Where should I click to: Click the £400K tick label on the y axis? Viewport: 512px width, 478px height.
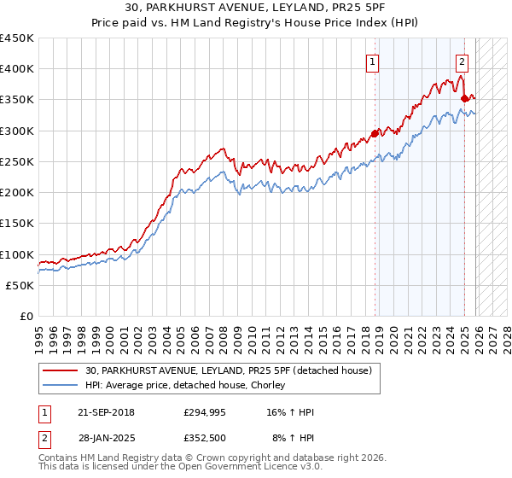(17, 69)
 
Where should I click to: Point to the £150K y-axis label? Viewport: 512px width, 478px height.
(17, 224)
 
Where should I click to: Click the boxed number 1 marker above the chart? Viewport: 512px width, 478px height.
(374, 61)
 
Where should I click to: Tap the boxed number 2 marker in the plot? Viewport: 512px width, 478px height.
(462, 61)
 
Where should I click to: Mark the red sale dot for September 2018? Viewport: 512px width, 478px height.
(375, 133)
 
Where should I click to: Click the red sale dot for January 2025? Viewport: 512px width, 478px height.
(465, 98)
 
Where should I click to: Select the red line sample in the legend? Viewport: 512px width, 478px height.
(61, 371)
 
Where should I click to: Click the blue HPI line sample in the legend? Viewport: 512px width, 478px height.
(61, 386)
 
